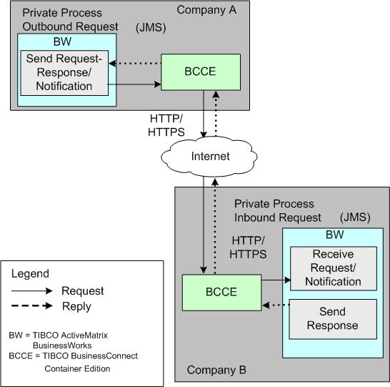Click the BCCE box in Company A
[x=201, y=72]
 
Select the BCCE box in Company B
[x=221, y=293]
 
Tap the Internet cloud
[x=209, y=157]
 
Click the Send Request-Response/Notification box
[x=64, y=73]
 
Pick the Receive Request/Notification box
[x=334, y=268]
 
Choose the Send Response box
[x=333, y=319]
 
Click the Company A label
[x=206, y=10]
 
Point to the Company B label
[x=216, y=370]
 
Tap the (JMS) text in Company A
[x=151, y=27]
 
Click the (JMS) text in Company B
[x=355, y=217]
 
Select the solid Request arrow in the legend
[x=32, y=290]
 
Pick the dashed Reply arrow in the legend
[x=32, y=305]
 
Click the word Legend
[x=30, y=274]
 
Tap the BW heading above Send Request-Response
[x=62, y=41]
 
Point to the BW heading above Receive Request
[x=335, y=235]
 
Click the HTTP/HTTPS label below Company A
[x=166, y=125]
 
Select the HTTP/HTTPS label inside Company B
[x=248, y=248]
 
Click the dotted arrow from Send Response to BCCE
[x=276, y=305]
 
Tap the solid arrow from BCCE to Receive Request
[x=276, y=280]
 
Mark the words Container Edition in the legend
[x=77, y=368]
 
